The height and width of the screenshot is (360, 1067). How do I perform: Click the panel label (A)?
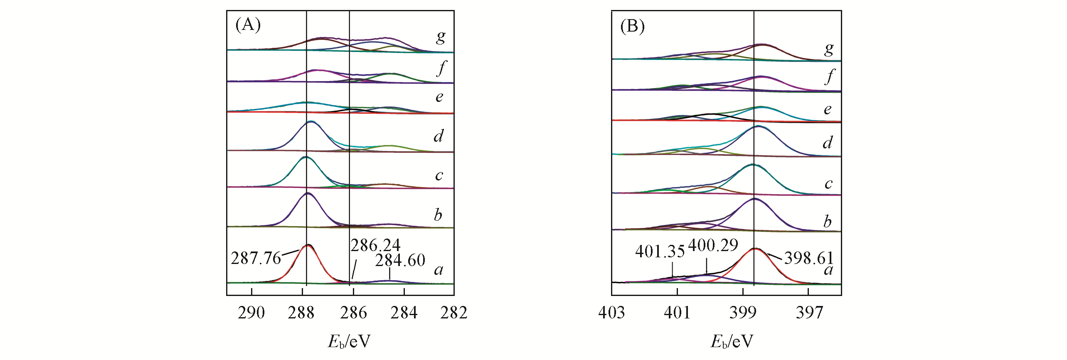tap(248, 25)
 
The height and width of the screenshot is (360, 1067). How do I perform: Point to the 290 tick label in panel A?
tap(251, 313)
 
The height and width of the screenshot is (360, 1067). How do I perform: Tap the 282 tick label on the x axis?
tap(454, 313)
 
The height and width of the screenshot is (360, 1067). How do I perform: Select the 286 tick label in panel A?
tap(353, 313)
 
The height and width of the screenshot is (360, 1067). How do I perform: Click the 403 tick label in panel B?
tap(611, 313)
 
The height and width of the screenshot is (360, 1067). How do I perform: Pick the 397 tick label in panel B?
tap(809, 313)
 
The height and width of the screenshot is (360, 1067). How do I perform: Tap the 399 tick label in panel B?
tap(743, 313)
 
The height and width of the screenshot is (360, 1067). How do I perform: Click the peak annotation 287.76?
tap(256, 259)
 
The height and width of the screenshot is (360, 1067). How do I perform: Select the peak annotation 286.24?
tap(375, 246)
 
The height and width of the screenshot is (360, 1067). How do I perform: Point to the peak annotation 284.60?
tap(400, 261)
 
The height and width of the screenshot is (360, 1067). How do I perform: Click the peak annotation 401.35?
tap(660, 252)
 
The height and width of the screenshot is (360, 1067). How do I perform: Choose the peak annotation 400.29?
tap(713, 245)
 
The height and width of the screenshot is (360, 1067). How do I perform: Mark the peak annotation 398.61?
tap(809, 258)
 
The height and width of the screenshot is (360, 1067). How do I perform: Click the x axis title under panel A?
tap(349, 342)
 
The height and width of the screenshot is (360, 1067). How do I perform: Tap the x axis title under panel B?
tap(732, 342)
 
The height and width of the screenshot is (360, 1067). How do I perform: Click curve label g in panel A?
tap(441, 37)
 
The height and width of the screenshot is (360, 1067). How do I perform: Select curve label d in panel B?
tap(828, 143)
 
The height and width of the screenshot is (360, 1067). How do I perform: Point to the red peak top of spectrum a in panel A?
tap(308, 246)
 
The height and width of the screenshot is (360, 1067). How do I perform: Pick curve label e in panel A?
tap(439, 97)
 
